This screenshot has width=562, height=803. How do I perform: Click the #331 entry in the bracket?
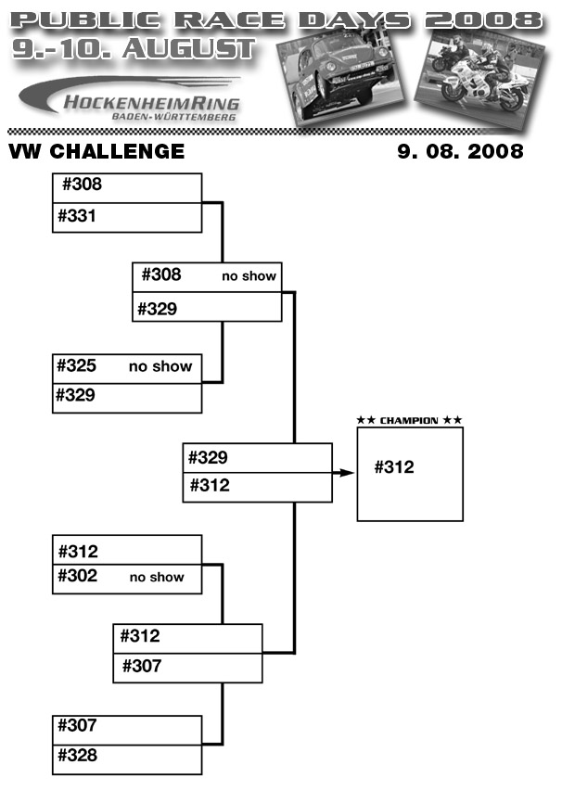point(77,216)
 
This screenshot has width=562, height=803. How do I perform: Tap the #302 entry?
point(77,576)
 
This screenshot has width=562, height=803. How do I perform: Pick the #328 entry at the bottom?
point(77,755)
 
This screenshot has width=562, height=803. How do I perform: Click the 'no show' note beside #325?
point(160,366)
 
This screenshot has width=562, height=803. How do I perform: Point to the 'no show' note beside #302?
point(157,577)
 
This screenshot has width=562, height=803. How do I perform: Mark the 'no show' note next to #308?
point(249,276)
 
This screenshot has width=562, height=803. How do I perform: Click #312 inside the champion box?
point(394,467)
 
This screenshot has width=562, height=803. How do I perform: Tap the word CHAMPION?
point(409,421)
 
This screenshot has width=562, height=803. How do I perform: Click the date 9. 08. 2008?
point(460,151)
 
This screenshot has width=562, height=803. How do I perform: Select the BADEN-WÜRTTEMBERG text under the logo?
point(173,118)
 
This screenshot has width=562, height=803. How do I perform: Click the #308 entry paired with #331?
point(82,185)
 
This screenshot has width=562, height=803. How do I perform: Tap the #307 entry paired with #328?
point(77,725)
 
